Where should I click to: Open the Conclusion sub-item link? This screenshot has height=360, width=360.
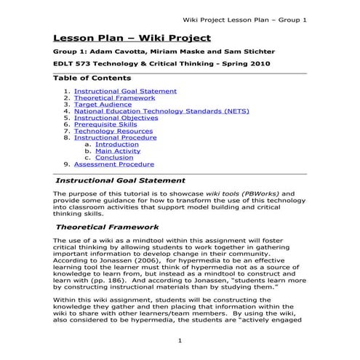(x=114, y=157)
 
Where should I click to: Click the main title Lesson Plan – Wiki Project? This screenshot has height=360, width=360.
(x=132, y=37)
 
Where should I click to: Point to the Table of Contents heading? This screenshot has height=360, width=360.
(x=92, y=78)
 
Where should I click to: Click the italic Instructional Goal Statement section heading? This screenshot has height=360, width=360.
(x=121, y=180)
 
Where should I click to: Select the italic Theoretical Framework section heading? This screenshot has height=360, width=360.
(x=107, y=227)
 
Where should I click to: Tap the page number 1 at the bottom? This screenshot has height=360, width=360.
(x=180, y=340)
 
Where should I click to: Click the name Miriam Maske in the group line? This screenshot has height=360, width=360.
(x=167, y=52)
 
